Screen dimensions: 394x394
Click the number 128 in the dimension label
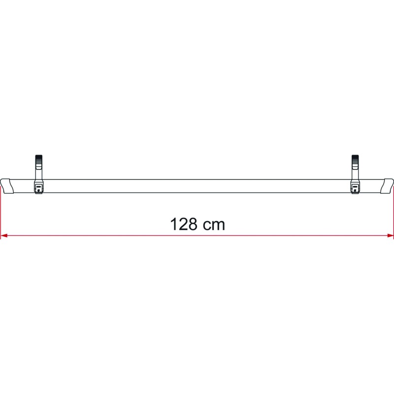click(185, 225)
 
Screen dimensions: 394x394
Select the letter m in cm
click(219, 226)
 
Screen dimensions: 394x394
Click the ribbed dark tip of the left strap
click(38, 161)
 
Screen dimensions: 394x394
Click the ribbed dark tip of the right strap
click(356, 161)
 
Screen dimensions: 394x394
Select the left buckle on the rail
click(38, 188)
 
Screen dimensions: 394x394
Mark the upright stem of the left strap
click(38, 173)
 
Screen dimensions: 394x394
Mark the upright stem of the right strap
click(356, 173)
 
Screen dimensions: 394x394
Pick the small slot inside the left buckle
click(38, 187)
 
